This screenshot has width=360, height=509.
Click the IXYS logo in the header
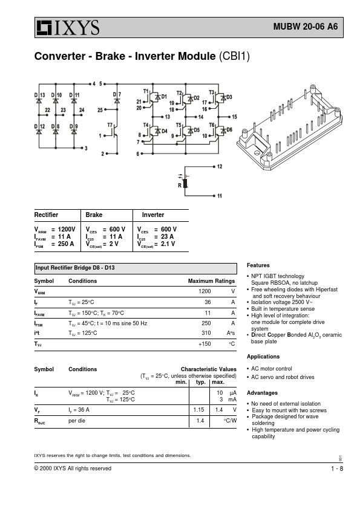68,28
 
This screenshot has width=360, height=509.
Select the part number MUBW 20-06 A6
306,27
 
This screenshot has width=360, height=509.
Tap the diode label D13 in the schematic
40,95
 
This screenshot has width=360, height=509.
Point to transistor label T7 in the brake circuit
110,125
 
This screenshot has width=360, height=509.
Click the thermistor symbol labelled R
186,183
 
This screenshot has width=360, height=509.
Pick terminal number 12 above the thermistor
220,166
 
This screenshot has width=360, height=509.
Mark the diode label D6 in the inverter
229,130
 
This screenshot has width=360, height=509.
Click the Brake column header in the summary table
94,215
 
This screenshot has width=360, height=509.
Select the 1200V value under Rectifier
67,229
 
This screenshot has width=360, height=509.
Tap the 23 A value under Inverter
168,236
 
